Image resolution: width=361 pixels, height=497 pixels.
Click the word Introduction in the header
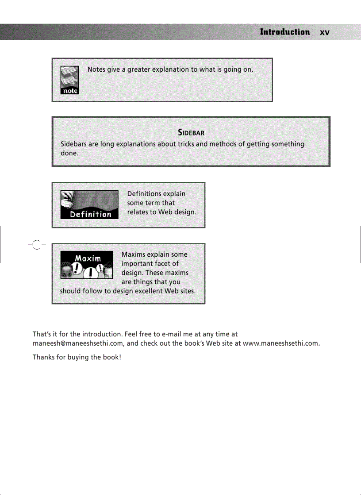[x=284, y=32]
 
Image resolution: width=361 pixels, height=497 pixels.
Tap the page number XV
[x=325, y=33]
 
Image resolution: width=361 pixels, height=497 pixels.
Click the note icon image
[x=69, y=80]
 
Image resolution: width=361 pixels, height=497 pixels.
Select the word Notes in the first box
[x=96, y=69]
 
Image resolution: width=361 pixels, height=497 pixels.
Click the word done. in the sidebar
[x=69, y=153]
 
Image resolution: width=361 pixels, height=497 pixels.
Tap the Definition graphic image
[x=89, y=204]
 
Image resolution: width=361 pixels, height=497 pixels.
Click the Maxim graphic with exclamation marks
[x=86, y=265]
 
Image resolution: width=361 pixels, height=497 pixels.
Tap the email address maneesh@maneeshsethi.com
[x=78, y=343]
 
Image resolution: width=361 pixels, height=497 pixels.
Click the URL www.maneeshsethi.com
[x=281, y=343]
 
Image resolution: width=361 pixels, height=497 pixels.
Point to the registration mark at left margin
[x=36, y=245]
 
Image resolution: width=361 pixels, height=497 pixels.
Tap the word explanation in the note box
[x=171, y=69]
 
